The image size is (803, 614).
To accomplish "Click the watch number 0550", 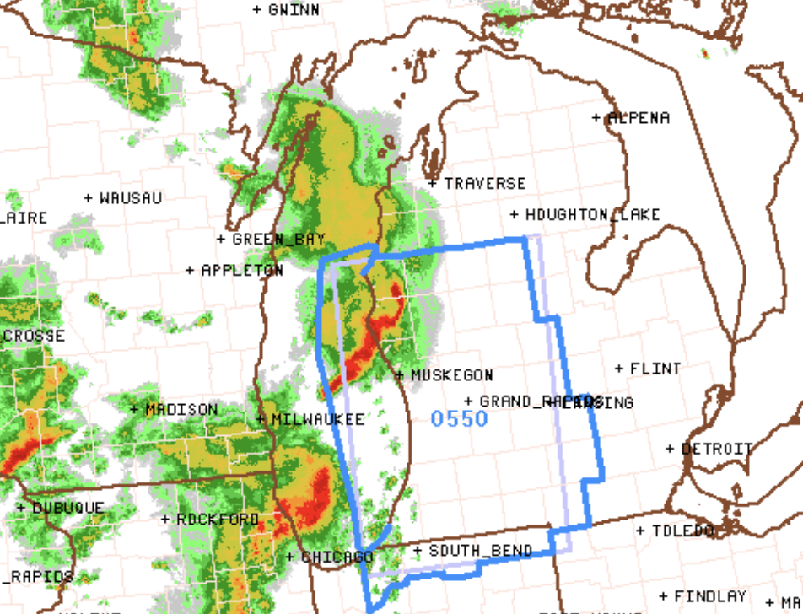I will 459,418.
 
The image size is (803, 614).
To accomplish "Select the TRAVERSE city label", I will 484,183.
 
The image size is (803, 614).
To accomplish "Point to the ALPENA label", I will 639,118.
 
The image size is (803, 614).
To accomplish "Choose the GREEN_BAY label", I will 278,240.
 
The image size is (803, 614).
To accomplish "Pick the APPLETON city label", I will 242,270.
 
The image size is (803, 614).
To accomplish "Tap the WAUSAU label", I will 131,198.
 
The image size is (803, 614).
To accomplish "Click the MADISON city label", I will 181,409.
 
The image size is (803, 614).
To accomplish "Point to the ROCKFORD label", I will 218,520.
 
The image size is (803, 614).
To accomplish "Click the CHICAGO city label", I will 337,557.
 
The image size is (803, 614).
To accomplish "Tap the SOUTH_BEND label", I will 481,551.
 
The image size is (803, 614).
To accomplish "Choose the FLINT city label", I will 655,369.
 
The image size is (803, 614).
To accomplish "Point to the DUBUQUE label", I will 68,508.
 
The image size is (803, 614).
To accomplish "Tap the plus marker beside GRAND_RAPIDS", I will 469,401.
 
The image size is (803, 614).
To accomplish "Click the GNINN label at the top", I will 294,9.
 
